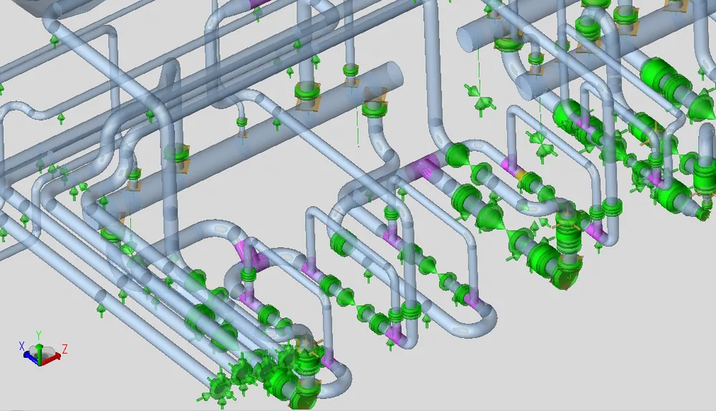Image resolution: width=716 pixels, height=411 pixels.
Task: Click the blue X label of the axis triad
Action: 21,346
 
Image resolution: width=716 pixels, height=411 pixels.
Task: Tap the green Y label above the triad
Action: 39,334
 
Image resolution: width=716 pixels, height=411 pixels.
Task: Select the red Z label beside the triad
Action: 65,350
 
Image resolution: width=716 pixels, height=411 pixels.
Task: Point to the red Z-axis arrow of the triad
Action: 52,357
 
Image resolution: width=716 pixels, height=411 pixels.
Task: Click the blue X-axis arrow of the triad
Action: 31,359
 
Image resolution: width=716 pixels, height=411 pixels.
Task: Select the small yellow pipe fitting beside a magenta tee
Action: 520,174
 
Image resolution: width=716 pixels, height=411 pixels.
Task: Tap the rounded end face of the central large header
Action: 394,75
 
